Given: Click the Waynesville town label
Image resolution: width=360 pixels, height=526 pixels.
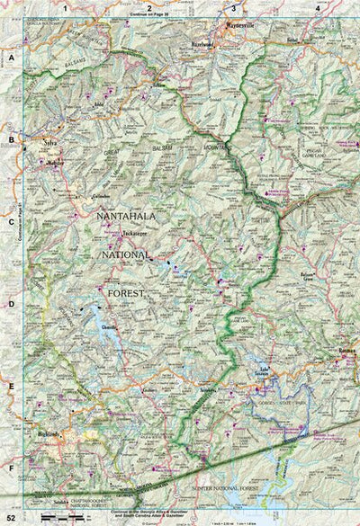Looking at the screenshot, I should [x=241, y=27].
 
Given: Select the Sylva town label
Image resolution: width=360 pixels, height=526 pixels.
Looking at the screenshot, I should [x=51, y=142].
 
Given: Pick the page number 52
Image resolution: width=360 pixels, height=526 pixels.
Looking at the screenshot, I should [x=10, y=518].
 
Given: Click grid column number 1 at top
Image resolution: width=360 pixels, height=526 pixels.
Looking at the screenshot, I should [x=64, y=7].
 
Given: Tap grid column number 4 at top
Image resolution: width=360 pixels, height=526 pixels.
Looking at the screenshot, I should [x=317, y=7].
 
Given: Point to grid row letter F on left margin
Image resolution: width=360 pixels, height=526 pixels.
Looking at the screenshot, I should [x=12, y=468].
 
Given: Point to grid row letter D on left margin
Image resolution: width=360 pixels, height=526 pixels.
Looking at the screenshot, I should [x=12, y=304].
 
